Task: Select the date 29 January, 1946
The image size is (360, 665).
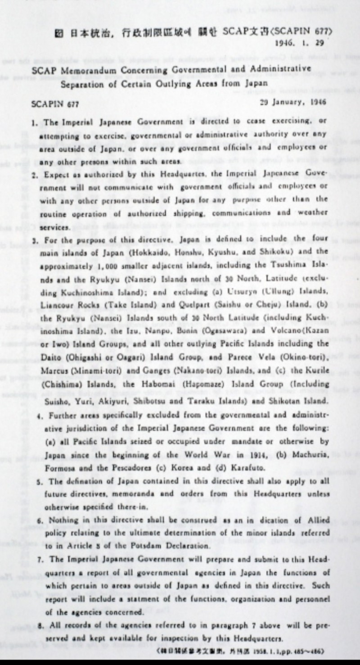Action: coord(293,102)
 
